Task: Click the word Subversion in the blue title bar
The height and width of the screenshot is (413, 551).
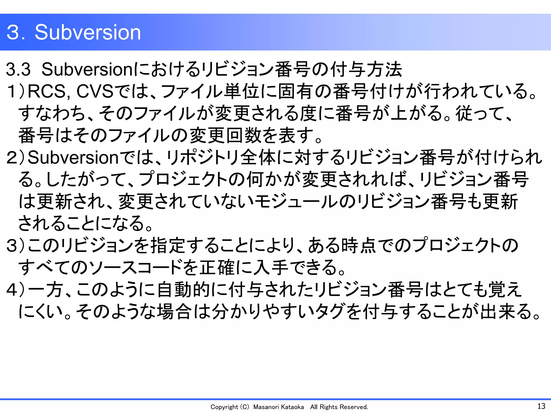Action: [x=88, y=32]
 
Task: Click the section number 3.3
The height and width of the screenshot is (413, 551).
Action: [x=18, y=69]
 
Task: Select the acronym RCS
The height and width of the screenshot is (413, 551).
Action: [x=46, y=91]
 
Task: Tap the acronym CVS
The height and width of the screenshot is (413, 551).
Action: [x=95, y=91]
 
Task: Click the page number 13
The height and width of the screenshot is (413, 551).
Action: [x=541, y=406]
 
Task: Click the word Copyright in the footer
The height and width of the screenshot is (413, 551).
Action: [x=224, y=407]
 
